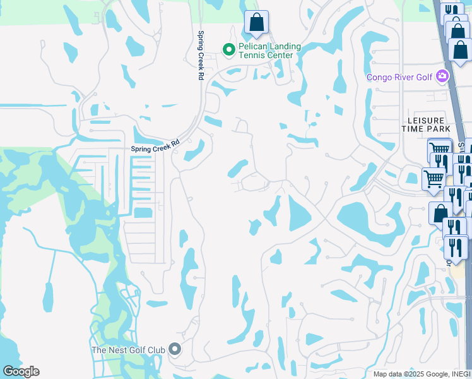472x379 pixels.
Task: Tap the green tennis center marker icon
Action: tap(228, 49)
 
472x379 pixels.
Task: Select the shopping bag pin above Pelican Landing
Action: tap(256, 23)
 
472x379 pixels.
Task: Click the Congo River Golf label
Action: tap(400, 77)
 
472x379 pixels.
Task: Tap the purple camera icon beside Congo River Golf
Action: tap(442, 77)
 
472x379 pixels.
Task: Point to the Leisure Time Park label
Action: tap(427, 124)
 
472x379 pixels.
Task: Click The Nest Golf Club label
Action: tap(128, 349)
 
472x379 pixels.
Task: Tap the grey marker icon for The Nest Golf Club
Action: tap(175, 349)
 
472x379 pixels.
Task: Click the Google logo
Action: tap(21, 371)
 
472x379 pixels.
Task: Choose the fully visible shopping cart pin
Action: tap(434, 179)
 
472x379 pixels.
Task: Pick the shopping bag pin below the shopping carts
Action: tap(439, 213)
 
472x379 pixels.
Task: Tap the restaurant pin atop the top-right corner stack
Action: tap(451, 11)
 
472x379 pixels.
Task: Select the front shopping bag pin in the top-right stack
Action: tap(461, 50)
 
